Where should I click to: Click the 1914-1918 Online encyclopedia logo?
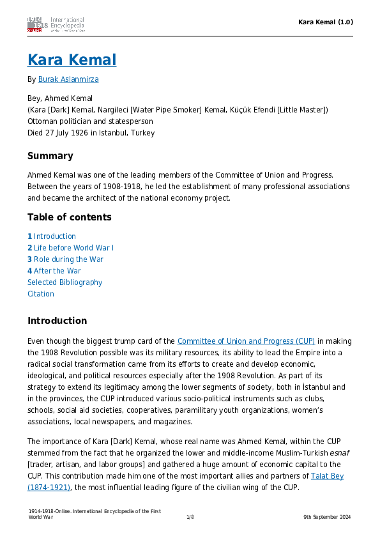pos(56,24)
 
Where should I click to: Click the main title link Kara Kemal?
pos(72,60)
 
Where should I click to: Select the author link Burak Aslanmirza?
pos(68,79)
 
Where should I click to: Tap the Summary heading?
pos(50,156)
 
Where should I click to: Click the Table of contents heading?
pos(69,217)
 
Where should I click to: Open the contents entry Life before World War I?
pos(73,248)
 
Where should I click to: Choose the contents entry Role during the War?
pos(68,259)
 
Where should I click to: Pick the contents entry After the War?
pos(57,271)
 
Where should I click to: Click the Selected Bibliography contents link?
pos(65,282)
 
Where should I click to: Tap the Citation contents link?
pos(41,294)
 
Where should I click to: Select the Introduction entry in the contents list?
pos(54,236)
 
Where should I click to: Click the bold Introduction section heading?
pos(57,321)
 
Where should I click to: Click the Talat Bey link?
pos(327,476)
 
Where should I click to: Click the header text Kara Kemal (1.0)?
pos(326,22)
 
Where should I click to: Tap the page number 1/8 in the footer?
pos(190,517)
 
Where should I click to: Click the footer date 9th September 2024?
pos(327,517)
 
